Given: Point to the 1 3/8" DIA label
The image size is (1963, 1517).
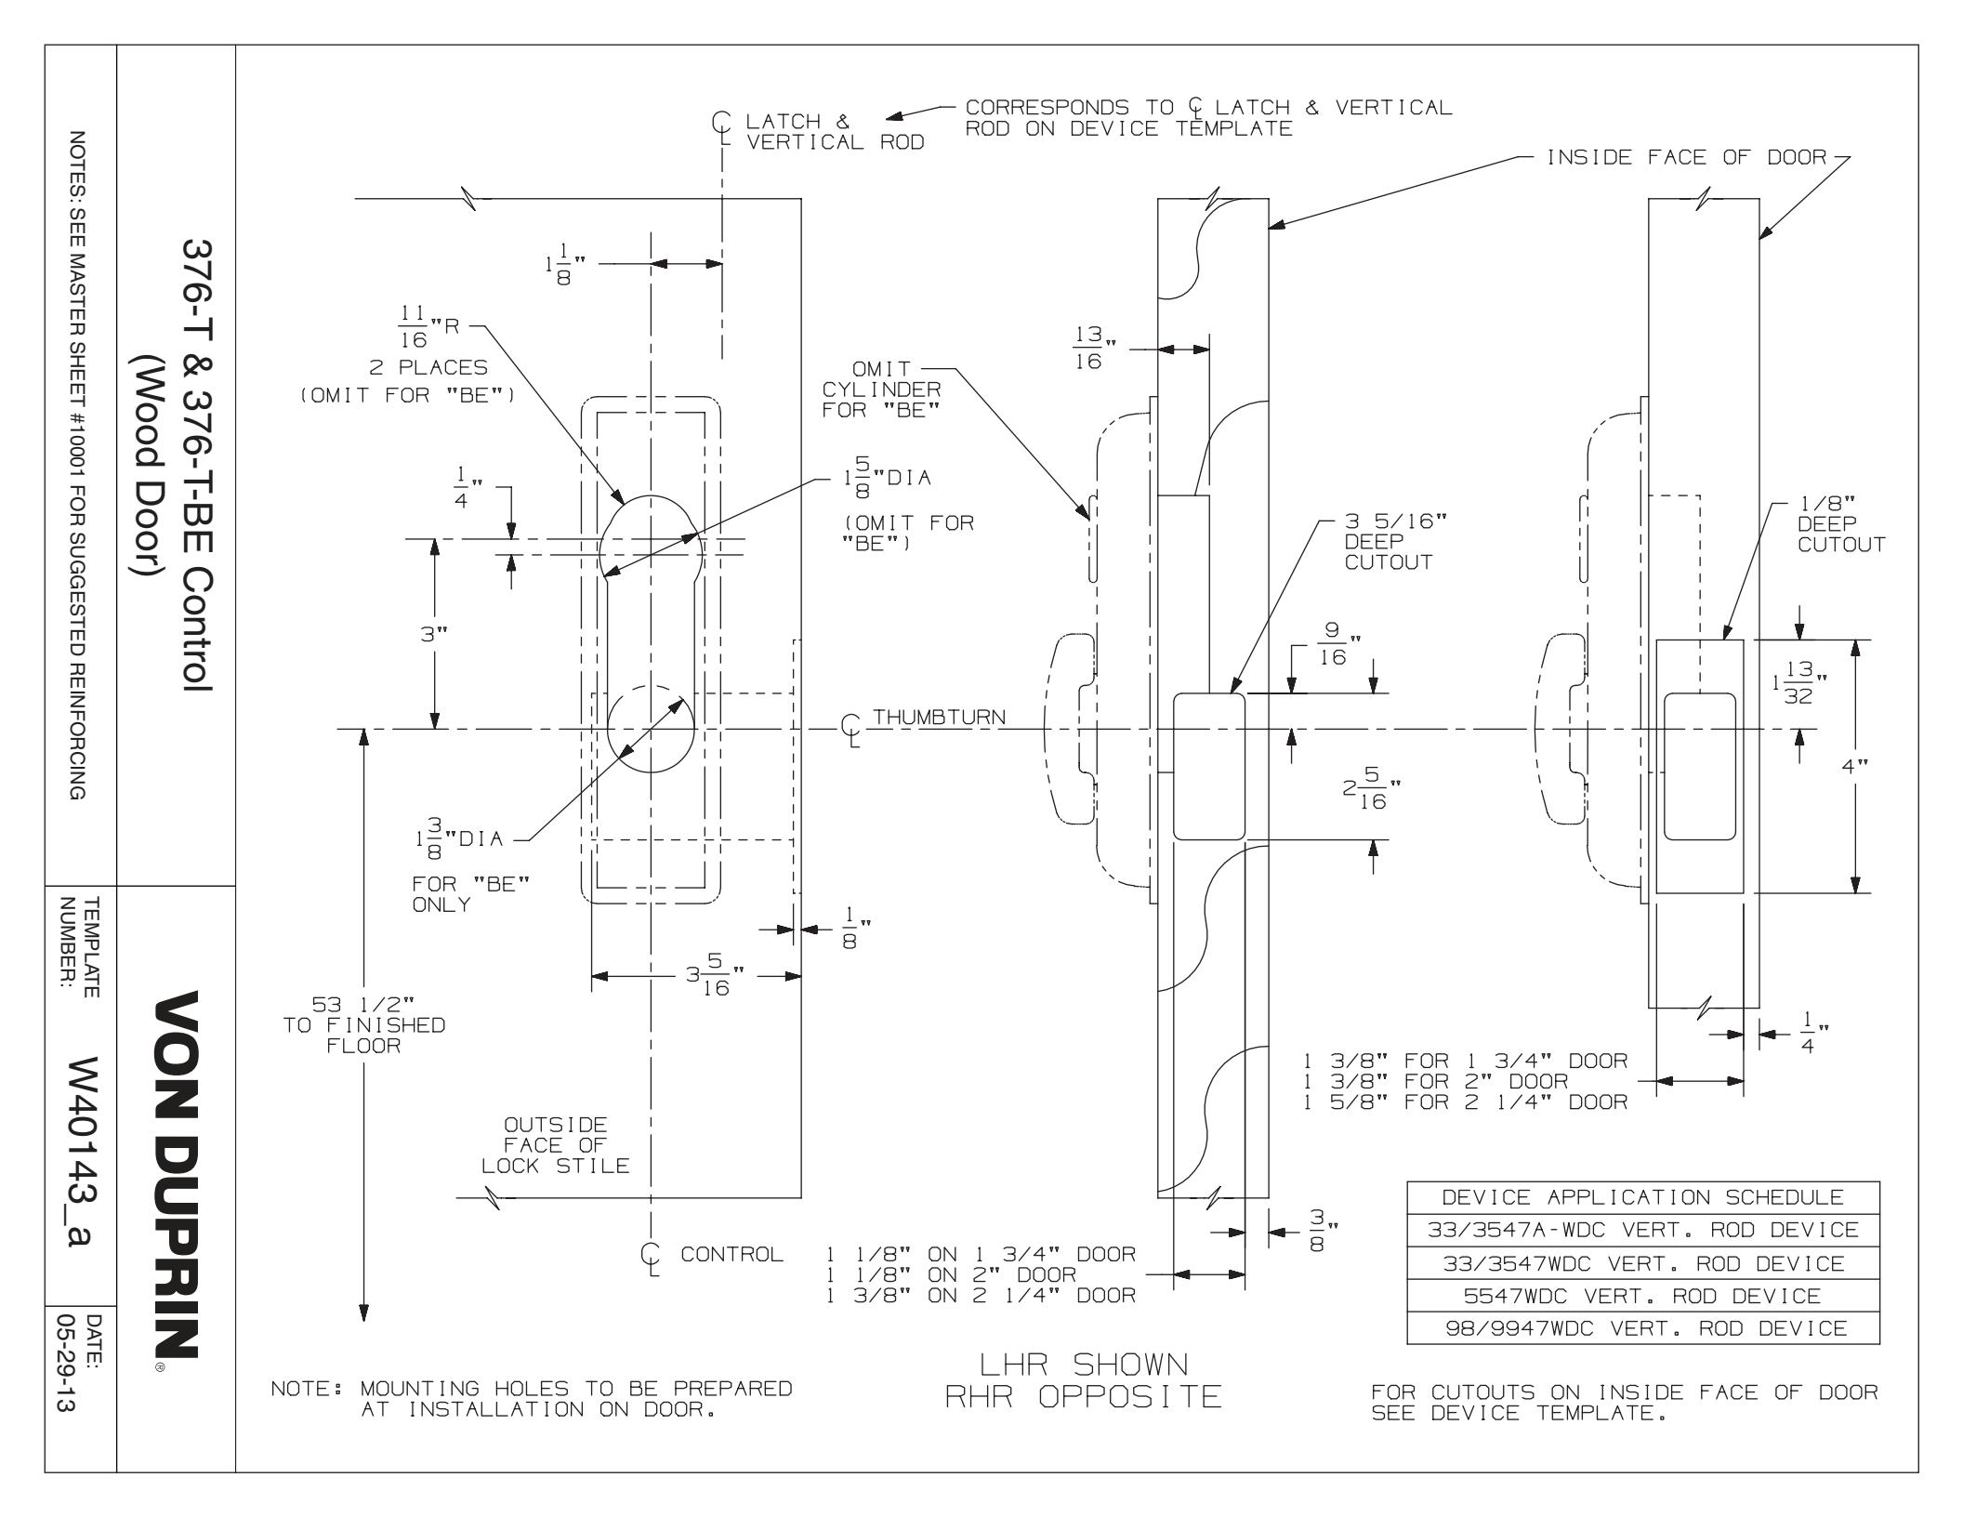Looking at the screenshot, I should tap(455, 838).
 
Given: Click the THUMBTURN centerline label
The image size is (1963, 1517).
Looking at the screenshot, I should tap(940, 717).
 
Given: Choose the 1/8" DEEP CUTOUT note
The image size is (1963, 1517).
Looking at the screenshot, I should tap(1826, 524).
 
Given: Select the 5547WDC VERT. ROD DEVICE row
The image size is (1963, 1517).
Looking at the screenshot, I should tap(1643, 1296).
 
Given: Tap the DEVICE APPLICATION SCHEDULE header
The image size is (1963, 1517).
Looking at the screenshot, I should tap(1643, 1197).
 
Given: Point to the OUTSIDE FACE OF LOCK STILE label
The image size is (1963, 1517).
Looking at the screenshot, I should tap(555, 1145).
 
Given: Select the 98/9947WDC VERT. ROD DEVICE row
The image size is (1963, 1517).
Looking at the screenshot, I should tap(1643, 1328).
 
